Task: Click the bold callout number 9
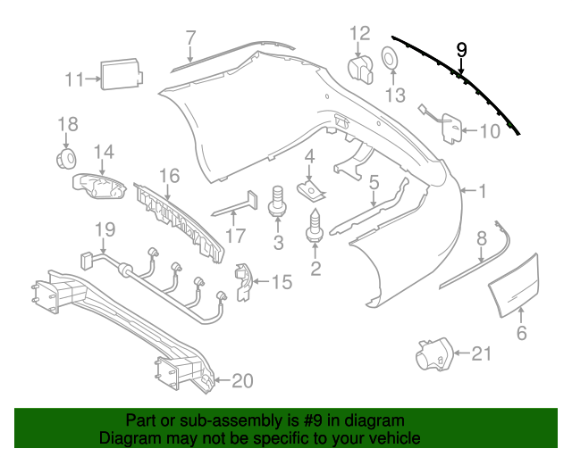tap(461, 49)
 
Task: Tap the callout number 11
tap(74, 79)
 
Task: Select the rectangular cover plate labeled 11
tap(120, 72)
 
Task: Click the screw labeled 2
tap(315, 222)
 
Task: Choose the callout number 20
tap(241, 381)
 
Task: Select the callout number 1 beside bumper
tap(482, 190)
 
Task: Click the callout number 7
tap(190, 37)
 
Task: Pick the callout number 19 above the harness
tap(105, 229)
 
